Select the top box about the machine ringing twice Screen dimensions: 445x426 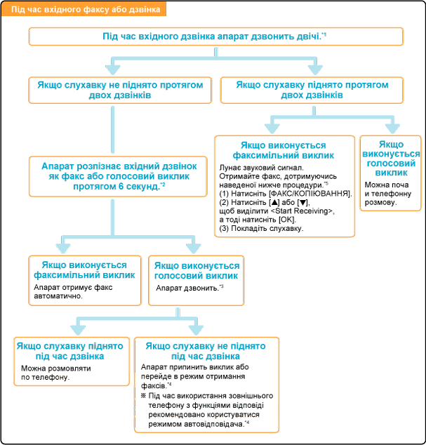(x=216, y=36)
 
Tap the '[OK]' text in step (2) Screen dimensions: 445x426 (x=297, y=220)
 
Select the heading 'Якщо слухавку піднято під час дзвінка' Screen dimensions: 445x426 (x=72, y=351)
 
